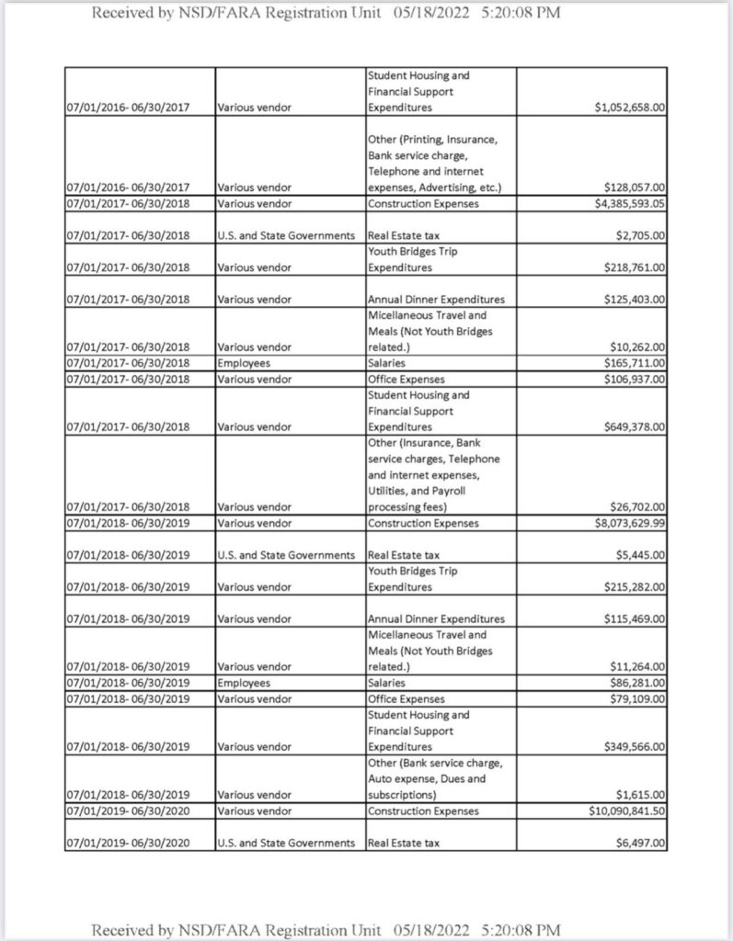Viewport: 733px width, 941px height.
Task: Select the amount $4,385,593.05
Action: [x=629, y=203]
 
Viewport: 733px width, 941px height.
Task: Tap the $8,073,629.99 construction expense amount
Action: [x=629, y=523]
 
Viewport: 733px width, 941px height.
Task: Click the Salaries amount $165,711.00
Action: [x=636, y=363]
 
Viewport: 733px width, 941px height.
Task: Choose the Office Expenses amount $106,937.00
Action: [x=636, y=379]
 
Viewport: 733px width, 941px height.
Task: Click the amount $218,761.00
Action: [x=636, y=267]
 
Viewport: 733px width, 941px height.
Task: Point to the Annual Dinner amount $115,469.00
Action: [x=636, y=618]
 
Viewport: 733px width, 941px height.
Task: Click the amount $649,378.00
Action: [x=636, y=426]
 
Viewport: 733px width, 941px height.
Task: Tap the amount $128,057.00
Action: [x=636, y=187]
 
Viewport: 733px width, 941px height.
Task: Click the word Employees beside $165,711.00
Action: [x=244, y=363]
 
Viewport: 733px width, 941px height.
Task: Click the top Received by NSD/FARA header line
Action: [x=326, y=13]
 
